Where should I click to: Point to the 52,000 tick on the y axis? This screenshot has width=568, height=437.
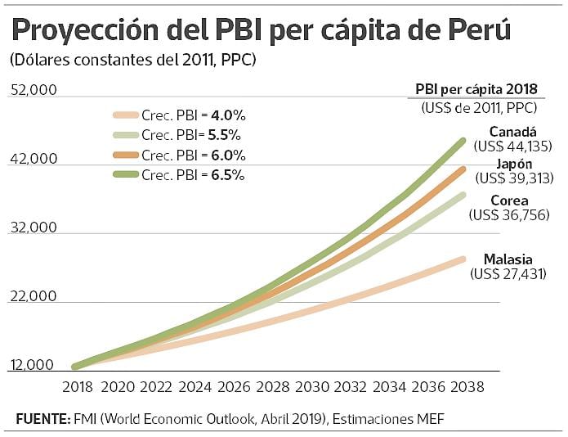pyautogui.click(x=33, y=89)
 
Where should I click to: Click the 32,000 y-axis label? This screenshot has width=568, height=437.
pyautogui.click(x=33, y=228)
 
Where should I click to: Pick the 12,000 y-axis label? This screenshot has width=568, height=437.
pyautogui.click(x=33, y=366)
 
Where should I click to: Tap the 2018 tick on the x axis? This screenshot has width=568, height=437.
pyautogui.click(x=76, y=386)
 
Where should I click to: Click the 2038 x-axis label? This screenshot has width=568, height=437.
pyautogui.click(x=465, y=386)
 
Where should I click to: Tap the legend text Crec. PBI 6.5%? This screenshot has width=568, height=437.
pyautogui.click(x=193, y=175)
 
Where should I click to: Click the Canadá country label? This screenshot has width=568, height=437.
pyautogui.click(x=512, y=132)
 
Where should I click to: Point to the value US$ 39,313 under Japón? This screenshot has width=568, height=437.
pyautogui.click(x=514, y=178)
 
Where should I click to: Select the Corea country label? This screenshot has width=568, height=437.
pyautogui.click(x=509, y=200)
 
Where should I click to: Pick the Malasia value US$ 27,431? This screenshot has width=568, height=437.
pyautogui.click(x=508, y=274)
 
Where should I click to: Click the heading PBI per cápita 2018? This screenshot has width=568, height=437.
pyautogui.click(x=477, y=90)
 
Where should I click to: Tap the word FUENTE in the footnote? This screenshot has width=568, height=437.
pyautogui.click(x=42, y=419)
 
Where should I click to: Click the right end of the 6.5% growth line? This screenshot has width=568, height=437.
pyautogui.click(x=463, y=140)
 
